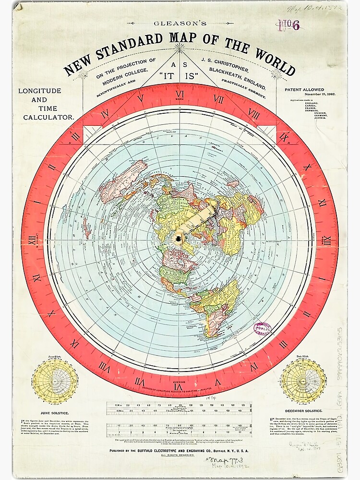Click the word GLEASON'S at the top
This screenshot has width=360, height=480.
(180, 23)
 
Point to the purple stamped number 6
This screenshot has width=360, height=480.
(296, 25)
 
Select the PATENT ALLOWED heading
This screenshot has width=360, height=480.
(304, 89)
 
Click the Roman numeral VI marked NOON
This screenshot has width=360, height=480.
(180, 94)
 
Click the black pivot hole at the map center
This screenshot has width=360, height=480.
(179, 239)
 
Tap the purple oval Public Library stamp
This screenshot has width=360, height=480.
(263, 329)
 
